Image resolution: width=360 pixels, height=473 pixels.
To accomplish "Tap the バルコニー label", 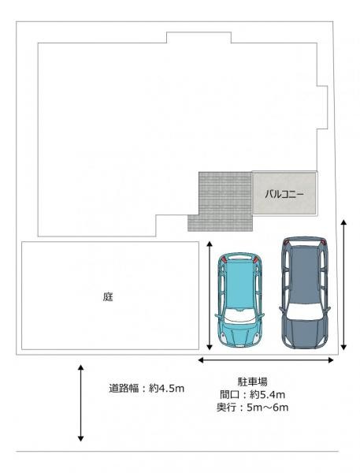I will pos(284,193).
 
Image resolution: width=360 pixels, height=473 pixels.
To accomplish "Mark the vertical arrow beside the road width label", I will pos(80,402).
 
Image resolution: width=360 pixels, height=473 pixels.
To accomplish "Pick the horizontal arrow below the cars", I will pos(265,360).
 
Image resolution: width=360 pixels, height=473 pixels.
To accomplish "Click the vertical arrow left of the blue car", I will pos(209,296).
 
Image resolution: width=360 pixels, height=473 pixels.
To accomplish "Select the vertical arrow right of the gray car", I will pos(344,285).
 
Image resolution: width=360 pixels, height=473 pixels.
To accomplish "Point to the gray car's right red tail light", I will pos(321,241).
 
